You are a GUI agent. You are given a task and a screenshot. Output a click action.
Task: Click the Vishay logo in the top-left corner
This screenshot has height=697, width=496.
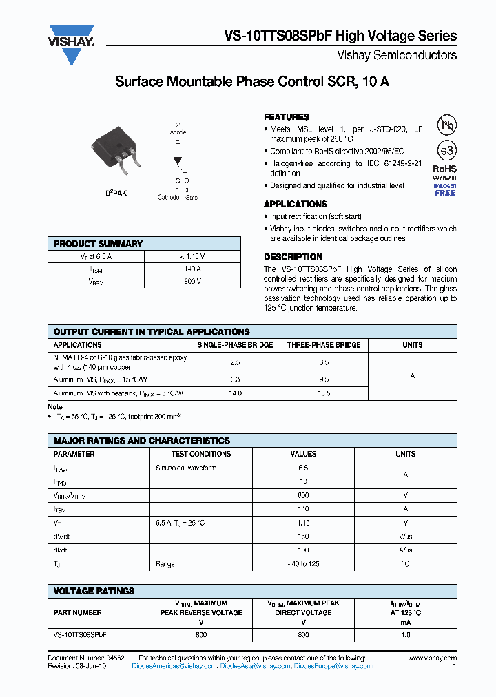[x=71, y=44]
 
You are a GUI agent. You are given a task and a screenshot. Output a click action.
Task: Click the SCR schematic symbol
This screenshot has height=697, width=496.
[x=178, y=161]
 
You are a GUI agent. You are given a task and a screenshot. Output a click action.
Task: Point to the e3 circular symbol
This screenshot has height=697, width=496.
[x=446, y=149]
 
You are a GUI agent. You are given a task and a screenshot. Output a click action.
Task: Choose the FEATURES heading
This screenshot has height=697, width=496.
[x=287, y=117]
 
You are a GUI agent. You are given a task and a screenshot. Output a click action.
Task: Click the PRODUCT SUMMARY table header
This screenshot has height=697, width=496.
[x=98, y=244]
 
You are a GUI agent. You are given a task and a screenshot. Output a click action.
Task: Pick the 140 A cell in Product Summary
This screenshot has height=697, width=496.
[x=193, y=269]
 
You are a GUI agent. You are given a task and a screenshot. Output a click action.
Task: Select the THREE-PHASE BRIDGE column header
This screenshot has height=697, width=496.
[x=324, y=345]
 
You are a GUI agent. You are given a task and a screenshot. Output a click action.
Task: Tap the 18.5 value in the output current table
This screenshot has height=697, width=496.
[x=324, y=393]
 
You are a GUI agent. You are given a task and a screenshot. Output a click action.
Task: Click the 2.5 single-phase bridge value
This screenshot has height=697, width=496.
[x=235, y=362]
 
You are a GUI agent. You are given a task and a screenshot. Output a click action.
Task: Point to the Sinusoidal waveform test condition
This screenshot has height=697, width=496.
[x=185, y=468]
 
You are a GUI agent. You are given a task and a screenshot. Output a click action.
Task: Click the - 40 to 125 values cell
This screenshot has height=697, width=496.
[x=303, y=564]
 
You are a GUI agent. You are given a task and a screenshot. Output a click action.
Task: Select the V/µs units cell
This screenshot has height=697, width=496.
[x=405, y=537]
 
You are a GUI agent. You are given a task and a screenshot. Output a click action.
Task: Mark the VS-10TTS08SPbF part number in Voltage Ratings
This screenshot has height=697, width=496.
[x=81, y=634]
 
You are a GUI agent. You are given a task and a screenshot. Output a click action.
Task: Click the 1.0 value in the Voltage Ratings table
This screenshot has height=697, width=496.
[x=405, y=634]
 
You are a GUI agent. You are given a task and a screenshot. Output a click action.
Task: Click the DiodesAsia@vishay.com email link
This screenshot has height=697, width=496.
[x=255, y=667]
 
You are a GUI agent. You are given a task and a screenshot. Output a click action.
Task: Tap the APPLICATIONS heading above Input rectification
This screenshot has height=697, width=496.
[x=296, y=205]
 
